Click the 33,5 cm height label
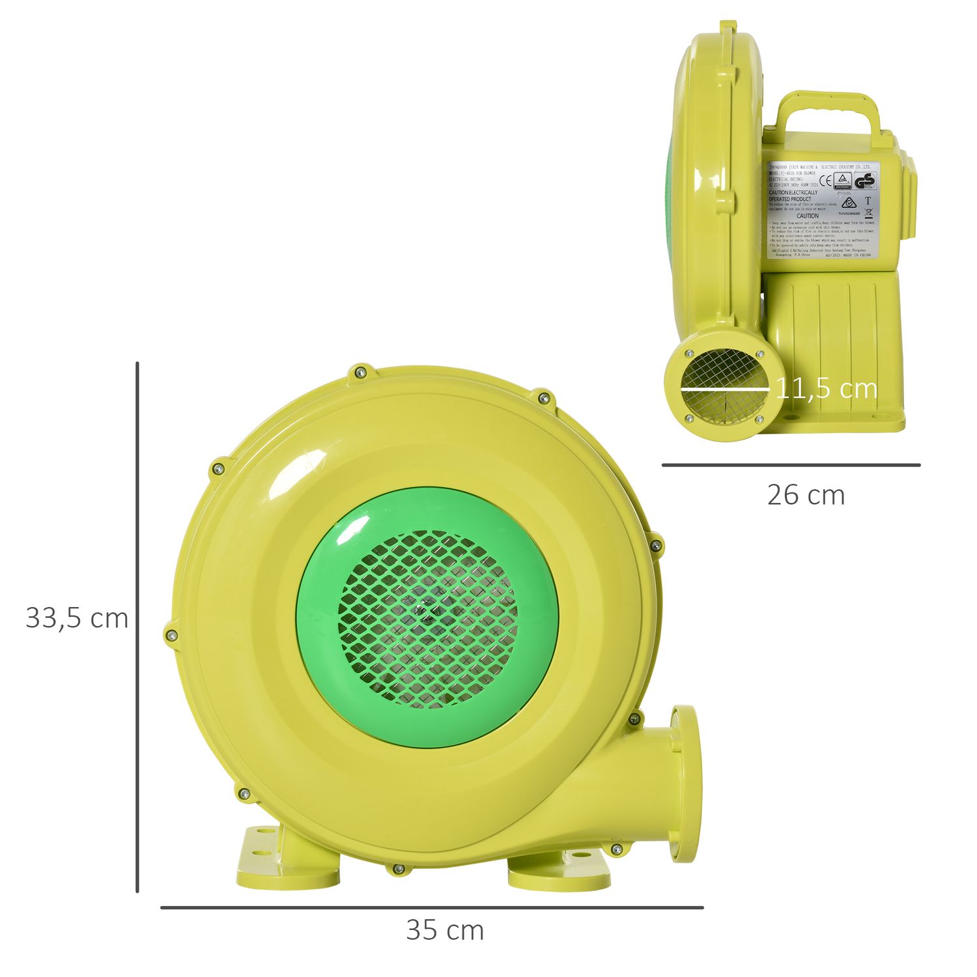point(77,618)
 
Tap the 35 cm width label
point(445,930)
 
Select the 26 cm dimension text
point(806,495)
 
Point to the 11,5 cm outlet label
point(826,389)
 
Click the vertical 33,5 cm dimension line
point(137,625)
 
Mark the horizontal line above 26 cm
point(791,465)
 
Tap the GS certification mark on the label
point(866,182)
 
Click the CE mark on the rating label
point(825,181)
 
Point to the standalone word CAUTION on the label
point(808,216)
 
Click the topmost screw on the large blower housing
point(360,372)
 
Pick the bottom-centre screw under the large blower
point(398,868)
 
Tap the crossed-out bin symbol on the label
point(868,211)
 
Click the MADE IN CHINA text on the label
point(857,257)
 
